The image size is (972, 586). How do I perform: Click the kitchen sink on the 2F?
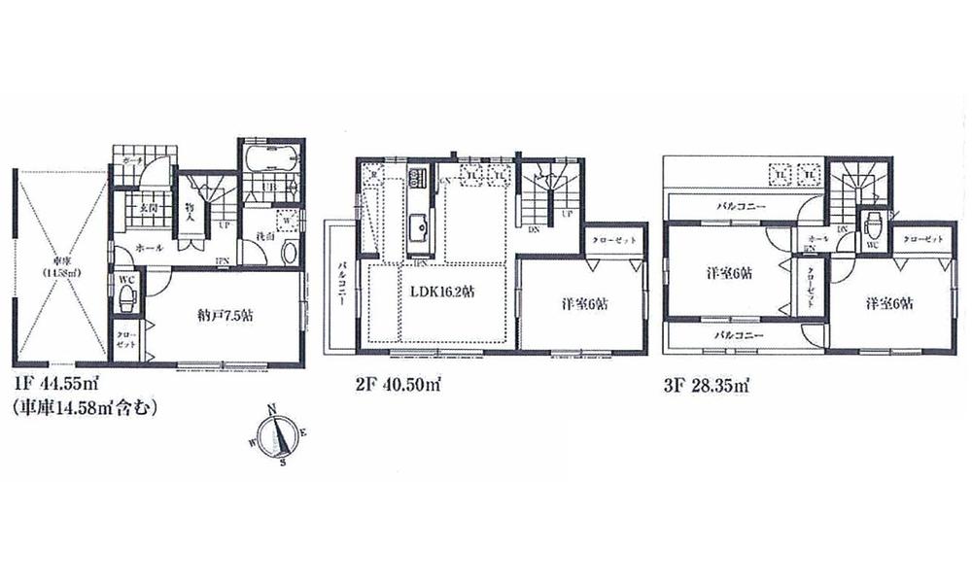[418, 228]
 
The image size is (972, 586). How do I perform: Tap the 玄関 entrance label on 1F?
[149, 207]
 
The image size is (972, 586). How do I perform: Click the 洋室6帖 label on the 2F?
[585, 303]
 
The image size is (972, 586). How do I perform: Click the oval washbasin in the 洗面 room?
[288, 251]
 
